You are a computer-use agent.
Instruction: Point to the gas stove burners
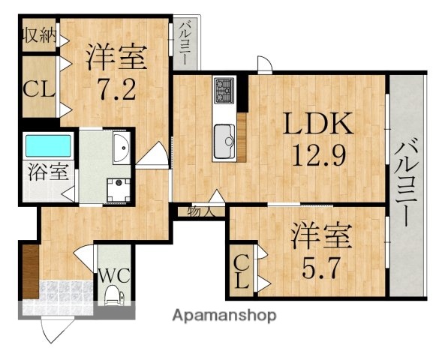[x=224, y=91]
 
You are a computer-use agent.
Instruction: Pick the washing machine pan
[x=118, y=190]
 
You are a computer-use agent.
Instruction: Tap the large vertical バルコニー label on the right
[x=407, y=184]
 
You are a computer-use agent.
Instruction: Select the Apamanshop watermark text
[x=224, y=314]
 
